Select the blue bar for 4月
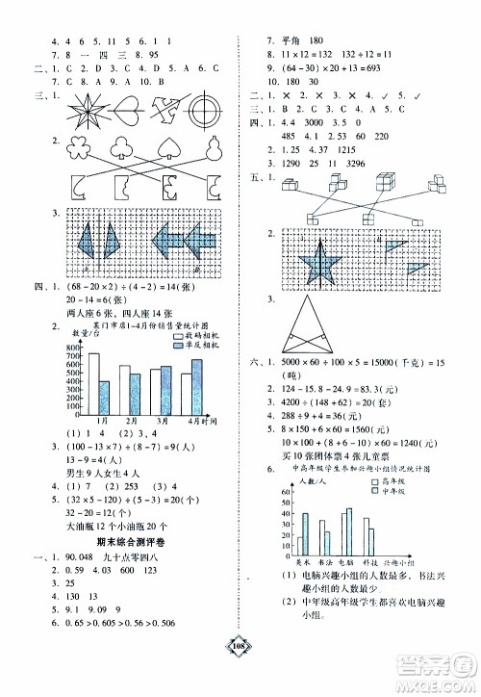click(197, 385)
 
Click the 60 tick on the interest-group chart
click(285, 491)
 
